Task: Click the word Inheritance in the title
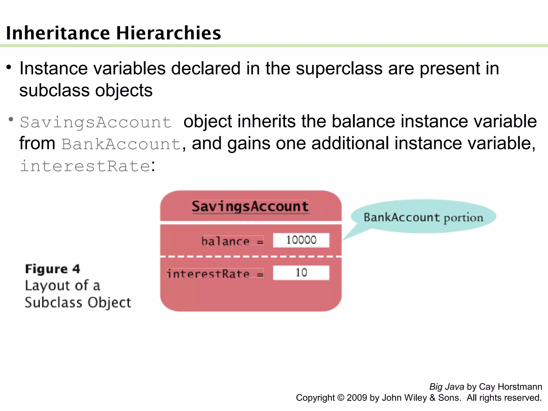pyautogui.click(x=58, y=33)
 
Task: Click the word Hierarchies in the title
pyautogui.click(x=169, y=33)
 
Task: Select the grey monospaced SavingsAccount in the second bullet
pyautogui.click(x=96, y=123)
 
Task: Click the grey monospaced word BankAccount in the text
pyautogui.click(x=121, y=144)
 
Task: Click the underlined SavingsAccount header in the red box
pyautogui.click(x=250, y=207)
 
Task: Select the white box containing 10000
pyautogui.click(x=301, y=240)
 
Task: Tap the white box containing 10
pyautogui.click(x=301, y=273)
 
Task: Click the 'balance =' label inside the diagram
pyautogui.click(x=232, y=241)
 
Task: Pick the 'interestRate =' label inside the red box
pyautogui.click(x=215, y=274)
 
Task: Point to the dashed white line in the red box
pyautogui.click(x=250, y=257)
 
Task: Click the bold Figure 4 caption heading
pyautogui.click(x=52, y=269)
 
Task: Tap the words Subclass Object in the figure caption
pyautogui.click(x=78, y=303)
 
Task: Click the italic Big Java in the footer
pyautogui.click(x=447, y=387)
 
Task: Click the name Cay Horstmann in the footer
pyautogui.click(x=511, y=387)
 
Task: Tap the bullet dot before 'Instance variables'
pyautogui.click(x=9, y=67)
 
